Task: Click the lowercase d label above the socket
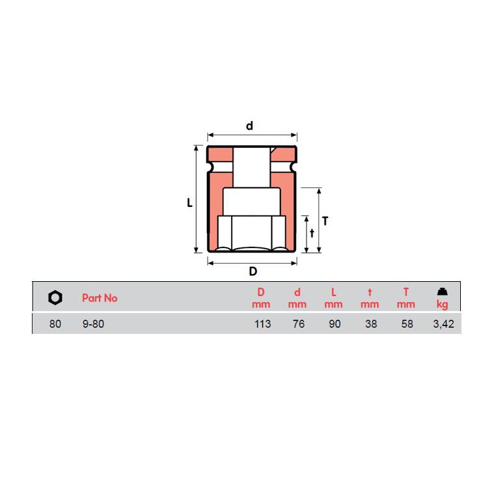pos(249,126)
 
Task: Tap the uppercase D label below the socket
pos(253,271)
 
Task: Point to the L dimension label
pos(189,202)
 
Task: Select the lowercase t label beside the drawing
pos(312,233)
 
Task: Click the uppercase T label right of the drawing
pos(325,221)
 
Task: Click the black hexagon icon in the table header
pos(55,297)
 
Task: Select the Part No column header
pos(100,298)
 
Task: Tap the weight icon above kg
pos(443,292)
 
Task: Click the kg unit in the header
pos(443,305)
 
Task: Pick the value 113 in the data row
pos(262,324)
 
